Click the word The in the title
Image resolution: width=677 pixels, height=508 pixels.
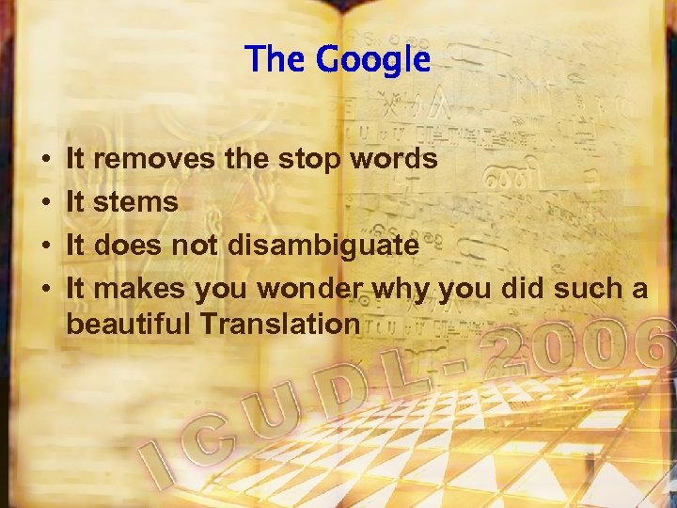[275, 60]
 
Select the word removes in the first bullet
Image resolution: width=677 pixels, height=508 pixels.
[155, 160]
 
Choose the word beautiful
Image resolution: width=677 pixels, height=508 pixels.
[131, 325]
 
